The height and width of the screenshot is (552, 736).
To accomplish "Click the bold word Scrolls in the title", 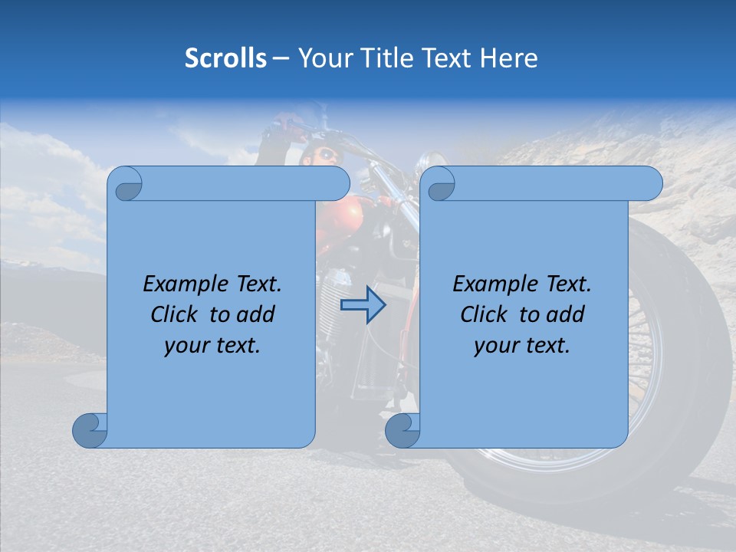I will click(225, 58).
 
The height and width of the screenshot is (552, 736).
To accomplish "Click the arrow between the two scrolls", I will click(363, 305).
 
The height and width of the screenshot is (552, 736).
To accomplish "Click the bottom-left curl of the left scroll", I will click(90, 430).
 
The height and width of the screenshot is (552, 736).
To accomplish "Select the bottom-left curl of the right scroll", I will click(402, 430).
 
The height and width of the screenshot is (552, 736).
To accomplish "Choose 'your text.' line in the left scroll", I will click(212, 346).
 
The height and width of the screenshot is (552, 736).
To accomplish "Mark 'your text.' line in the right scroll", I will click(522, 346).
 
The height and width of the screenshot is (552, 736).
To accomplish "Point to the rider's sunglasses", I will click(327, 156).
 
